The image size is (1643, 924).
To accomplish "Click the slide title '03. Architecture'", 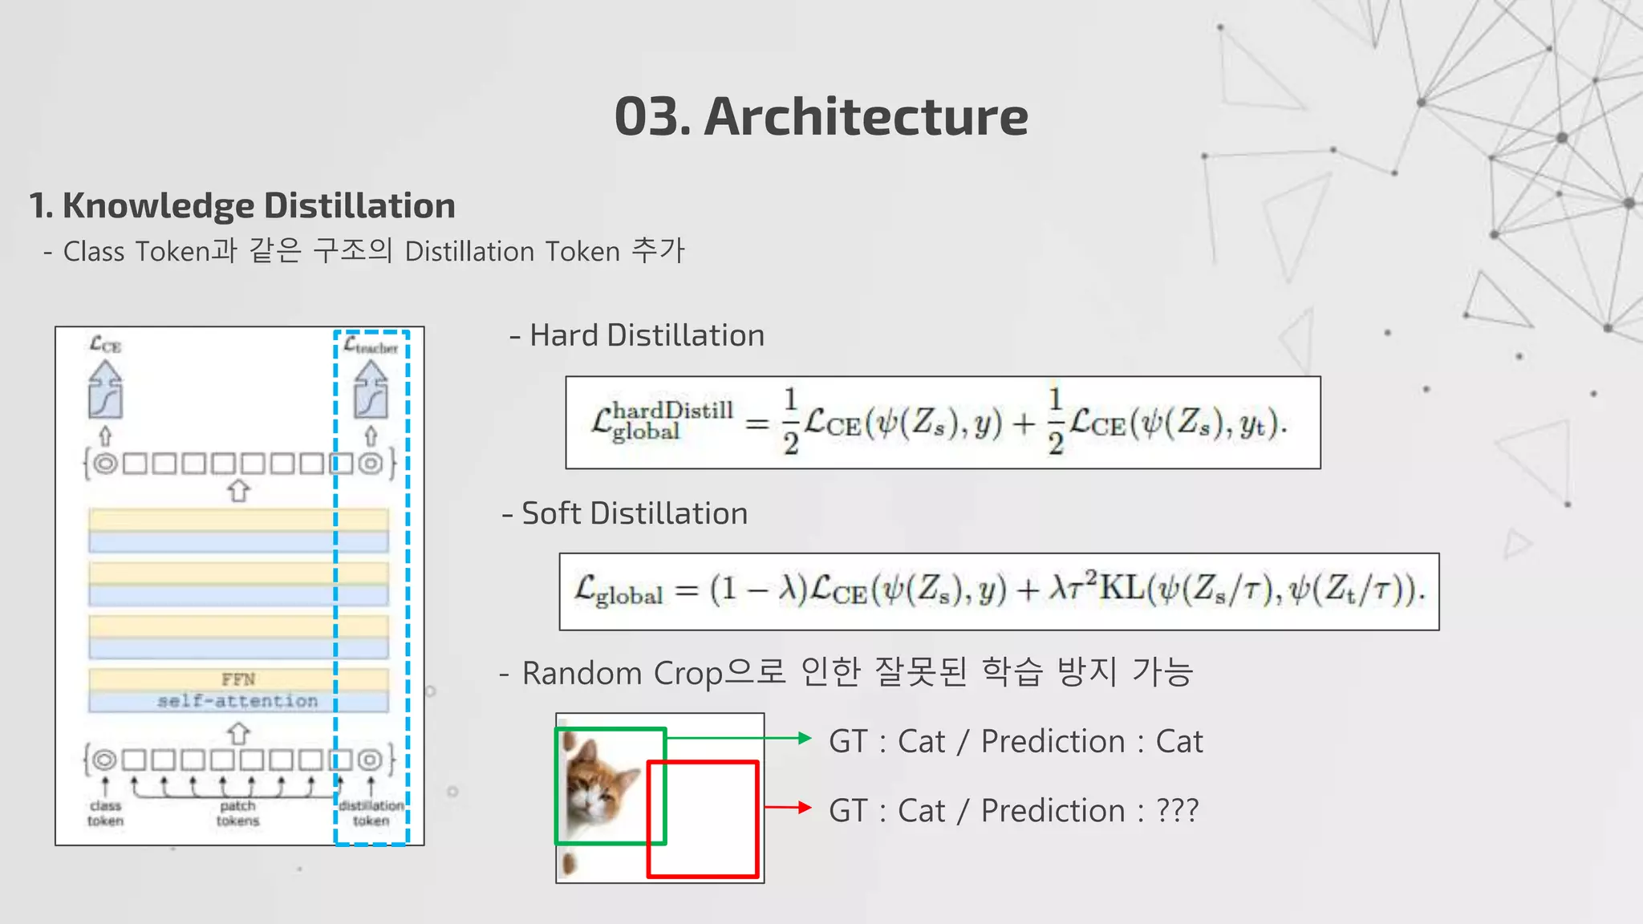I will click(821, 116).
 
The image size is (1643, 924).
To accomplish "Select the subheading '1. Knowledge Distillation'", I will click(242, 206).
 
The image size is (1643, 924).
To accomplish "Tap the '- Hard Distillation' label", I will click(638, 335).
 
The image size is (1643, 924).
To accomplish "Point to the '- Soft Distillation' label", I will click(625, 513).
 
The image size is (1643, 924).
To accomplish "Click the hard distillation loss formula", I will click(942, 423).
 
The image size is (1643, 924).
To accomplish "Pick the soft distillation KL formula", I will click(999, 591).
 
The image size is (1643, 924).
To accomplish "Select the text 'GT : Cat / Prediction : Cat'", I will click(1016, 741).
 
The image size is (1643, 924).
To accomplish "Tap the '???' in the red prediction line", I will click(1177, 810).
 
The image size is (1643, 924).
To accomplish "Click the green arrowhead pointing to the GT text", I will click(805, 738).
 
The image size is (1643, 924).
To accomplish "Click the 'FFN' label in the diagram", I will click(238, 679).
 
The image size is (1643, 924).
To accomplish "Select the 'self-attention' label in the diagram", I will click(237, 701).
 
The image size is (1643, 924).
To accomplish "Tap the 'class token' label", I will click(105, 813).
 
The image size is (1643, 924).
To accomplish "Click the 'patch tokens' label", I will click(237, 813).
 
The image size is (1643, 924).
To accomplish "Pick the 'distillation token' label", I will click(371, 813).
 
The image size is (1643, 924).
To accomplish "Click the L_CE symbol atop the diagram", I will click(105, 345).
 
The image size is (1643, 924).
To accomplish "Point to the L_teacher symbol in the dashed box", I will click(371, 346).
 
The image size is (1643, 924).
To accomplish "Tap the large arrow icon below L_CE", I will click(106, 390).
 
